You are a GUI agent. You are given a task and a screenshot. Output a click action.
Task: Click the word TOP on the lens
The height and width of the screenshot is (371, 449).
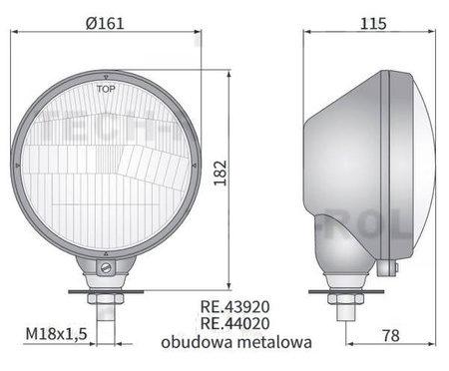tap(105, 89)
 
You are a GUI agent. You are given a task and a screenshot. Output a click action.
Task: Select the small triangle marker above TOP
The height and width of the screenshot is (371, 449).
tap(105, 78)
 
